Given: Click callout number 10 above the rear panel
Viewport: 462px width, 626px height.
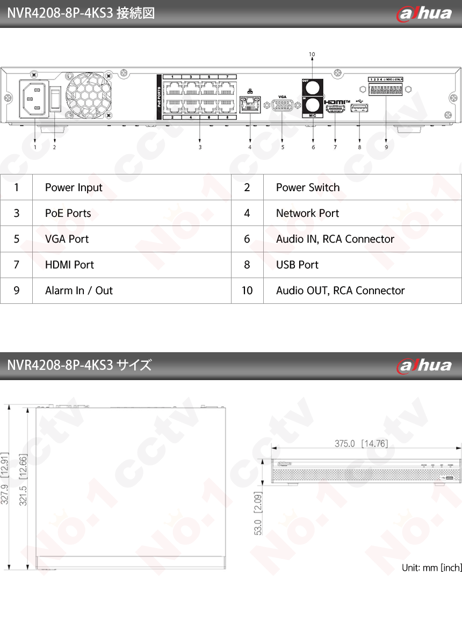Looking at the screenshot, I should pyautogui.click(x=312, y=54).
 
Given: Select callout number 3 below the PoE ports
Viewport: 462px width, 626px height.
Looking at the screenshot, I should pyautogui.click(x=200, y=147).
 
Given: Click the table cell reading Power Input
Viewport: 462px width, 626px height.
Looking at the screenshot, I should pyautogui.click(x=74, y=187).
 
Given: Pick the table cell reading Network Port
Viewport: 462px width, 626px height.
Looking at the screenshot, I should pyautogui.click(x=307, y=213).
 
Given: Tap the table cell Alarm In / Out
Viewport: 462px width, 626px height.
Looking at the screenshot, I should pyautogui.click(x=79, y=290).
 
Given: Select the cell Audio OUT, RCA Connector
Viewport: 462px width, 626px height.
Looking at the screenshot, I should pyautogui.click(x=340, y=290).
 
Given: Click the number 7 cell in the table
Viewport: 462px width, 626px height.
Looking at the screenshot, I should pyautogui.click(x=17, y=265).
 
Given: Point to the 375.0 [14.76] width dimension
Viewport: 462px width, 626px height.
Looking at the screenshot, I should pyautogui.click(x=361, y=443).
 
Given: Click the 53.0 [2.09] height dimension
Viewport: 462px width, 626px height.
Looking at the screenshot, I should pyautogui.click(x=258, y=513).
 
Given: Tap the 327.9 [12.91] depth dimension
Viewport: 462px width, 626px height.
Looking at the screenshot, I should pyautogui.click(x=5, y=478).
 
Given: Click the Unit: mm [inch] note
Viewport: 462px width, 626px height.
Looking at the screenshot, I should pyautogui.click(x=431, y=567).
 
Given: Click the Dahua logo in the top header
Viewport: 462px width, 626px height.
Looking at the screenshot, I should pyautogui.click(x=424, y=13).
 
